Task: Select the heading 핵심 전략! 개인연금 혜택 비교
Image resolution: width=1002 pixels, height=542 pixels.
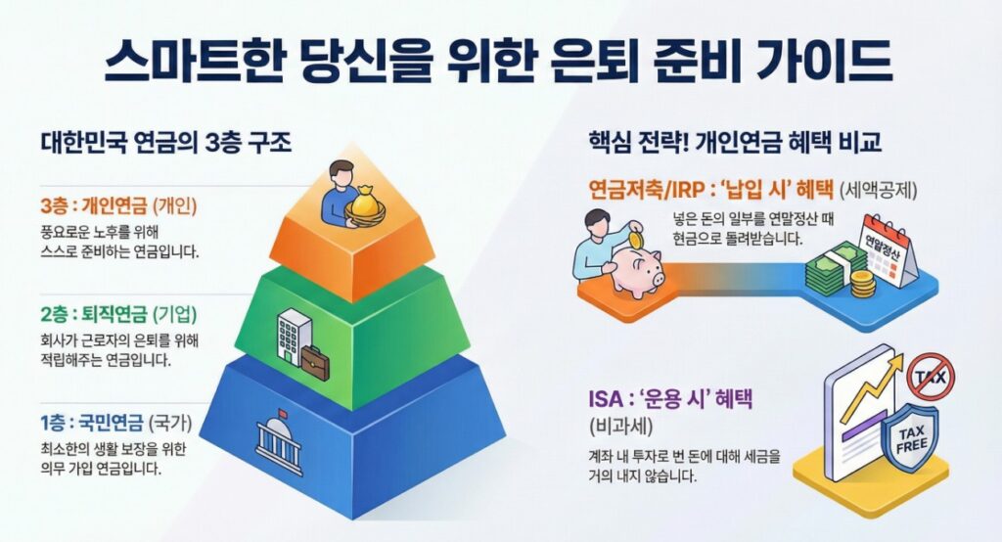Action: (x=735, y=143)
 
